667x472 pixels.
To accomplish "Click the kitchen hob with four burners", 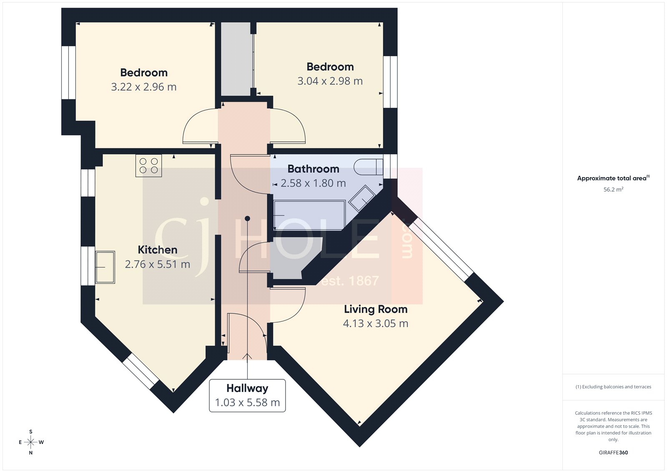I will [x=148, y=166].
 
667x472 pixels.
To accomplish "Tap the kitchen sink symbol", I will [x=105, y=267].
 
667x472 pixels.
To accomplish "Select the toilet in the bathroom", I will [x=368, y=167].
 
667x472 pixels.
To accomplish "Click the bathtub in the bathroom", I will [x=309, y=215].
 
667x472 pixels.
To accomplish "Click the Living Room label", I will [x=375, y=309].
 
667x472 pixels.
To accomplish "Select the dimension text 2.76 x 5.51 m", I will [x=158, y=264].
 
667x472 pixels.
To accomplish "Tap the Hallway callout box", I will [x=247, y=395].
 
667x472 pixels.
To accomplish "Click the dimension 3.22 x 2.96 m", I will [x=143, y=87].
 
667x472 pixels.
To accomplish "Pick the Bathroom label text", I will [x=313, y=169].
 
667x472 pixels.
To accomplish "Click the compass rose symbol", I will [x=31, y=442].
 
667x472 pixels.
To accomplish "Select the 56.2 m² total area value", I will [x=613, y=189].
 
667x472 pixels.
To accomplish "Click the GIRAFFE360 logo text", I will [x=613, y=452].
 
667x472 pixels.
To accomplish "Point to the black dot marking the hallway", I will [x=247, y=218].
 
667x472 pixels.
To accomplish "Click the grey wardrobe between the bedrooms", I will [x=236, y=58].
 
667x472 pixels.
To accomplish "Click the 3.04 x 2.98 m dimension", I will [x=330, y=81].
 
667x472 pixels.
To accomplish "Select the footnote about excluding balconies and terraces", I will [x=613, y=387].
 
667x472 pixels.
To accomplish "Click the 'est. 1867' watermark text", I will [x=350, y=281].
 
